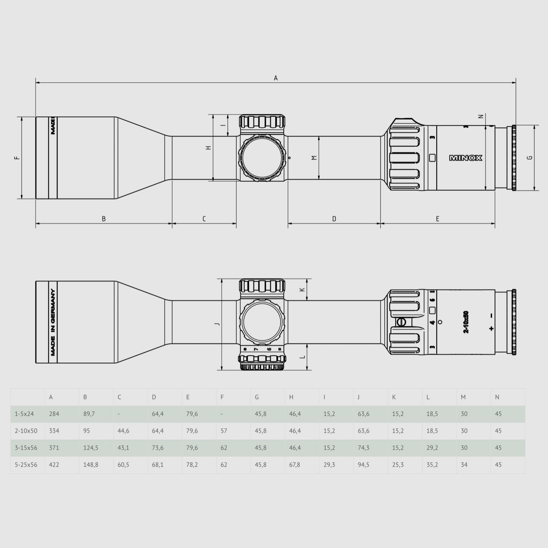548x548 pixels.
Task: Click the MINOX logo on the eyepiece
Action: (465, 158)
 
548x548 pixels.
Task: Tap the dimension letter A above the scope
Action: (276, 78)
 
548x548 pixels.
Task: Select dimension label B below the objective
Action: (104, 219)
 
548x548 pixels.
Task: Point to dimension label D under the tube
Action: (334, 219)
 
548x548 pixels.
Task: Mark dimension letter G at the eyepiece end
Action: (530, 158)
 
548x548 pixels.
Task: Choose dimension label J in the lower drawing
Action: (217, 324)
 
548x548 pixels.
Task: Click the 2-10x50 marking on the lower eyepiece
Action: (466, 322)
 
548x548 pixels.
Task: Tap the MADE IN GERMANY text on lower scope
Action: (53, 322)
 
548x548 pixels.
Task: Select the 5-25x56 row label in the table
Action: (26, 465)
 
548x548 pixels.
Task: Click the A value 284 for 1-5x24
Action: (54, 414)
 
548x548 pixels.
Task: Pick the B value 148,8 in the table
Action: (91, 465)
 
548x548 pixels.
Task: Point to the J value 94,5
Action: (363, 465)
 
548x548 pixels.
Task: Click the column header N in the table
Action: (497, 397)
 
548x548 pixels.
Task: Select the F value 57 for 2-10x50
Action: (224, 431)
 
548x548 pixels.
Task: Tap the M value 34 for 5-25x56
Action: (464, 465)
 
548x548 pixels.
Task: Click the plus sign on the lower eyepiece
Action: (491, 328)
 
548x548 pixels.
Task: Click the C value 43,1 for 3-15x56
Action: (123, 448)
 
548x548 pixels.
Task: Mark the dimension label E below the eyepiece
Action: (437, 219)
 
